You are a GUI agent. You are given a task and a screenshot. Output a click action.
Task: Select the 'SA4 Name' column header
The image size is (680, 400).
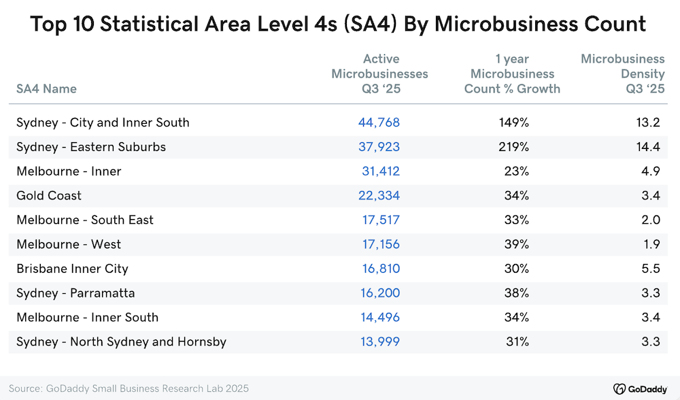[46, 88]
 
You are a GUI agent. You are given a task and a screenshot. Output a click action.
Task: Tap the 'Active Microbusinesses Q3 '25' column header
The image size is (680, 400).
[379, 73]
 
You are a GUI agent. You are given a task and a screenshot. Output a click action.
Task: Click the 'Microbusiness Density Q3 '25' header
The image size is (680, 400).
[622, 73]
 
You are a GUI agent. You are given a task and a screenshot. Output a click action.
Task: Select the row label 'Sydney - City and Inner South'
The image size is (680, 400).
[103, 122]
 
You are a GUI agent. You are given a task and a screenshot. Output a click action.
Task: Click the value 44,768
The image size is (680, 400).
[379, 122]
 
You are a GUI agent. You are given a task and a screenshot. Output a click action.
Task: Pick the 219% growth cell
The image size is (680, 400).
[512, 147]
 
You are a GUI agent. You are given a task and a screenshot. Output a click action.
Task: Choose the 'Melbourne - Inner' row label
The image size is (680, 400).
[69, 171]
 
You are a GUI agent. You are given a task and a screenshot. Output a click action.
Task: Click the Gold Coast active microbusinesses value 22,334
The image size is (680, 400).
[379, 196]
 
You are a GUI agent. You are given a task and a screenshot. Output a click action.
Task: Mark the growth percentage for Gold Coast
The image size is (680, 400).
[515, 196]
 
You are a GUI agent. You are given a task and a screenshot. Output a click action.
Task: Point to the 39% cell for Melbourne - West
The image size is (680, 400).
[515, 244]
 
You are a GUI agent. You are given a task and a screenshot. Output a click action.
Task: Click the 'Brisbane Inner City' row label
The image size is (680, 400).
[72, 269]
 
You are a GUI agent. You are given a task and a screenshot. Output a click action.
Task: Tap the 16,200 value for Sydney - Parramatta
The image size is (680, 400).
[380, 293]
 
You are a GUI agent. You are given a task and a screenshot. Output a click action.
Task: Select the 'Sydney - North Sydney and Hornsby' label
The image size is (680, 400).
[121, 341]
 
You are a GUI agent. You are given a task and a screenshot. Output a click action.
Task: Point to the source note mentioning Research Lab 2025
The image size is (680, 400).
[129, 388]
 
